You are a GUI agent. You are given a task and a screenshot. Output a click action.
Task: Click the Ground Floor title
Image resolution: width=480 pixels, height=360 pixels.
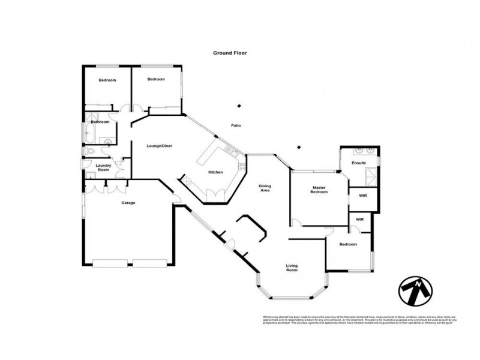pyautogui.click(x=230, y=53)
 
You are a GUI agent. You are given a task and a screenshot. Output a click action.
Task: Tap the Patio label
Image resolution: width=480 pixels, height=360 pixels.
pyautogui.click(x=236, y=125)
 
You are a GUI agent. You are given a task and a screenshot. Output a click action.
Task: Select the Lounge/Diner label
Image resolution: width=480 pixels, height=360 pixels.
pyautogui.click(x=160, y=146)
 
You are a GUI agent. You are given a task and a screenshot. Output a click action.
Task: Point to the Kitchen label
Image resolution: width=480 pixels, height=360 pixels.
pyautogui.click(x=215, y=172)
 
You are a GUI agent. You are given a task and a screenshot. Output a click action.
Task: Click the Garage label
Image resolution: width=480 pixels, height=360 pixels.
pyautogui.click(x=128, y=203)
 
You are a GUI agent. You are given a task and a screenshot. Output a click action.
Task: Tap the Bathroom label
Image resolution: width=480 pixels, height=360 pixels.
pyautogui.click(x=100, y=122)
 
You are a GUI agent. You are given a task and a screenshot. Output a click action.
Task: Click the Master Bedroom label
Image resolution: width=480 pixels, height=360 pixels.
pyautogui.click(x=319, y=190)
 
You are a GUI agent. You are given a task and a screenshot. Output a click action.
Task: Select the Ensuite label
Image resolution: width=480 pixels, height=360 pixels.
pyautogui.click(x=359, y=163)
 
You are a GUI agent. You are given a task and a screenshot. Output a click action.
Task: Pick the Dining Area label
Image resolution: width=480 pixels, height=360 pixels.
pyautogui.click(x=265, y=188)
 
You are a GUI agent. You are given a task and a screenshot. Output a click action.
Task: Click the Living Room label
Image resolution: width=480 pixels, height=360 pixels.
pyautogui.click(x=292, y=268)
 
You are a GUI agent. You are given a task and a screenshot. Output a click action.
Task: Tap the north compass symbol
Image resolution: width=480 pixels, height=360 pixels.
pyautogui.click(x=414, y=291)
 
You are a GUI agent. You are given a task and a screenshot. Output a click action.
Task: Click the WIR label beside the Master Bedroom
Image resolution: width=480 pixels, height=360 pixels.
pyautogui.click(x=362, y=196)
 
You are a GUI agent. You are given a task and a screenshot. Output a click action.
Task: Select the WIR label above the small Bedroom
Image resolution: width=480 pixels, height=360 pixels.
pyautogui.click(x=360, y=220)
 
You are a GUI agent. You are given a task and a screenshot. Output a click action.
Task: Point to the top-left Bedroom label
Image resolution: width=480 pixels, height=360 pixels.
pyautogui.click(x=107, y=80)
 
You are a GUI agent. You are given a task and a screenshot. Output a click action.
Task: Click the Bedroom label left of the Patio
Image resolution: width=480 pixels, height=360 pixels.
pyautogui.click(x=156, y=79)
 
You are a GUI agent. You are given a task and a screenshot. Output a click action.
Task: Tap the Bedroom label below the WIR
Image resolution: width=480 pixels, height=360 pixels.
pyautogui.click(x=348, y=244)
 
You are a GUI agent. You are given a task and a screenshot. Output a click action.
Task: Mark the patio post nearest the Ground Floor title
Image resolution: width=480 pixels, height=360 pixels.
pyautogui.click(x=239, y=106)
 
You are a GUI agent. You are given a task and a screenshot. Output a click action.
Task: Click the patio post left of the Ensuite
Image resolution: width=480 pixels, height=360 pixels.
pyautogui.click(x=299, y=146)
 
